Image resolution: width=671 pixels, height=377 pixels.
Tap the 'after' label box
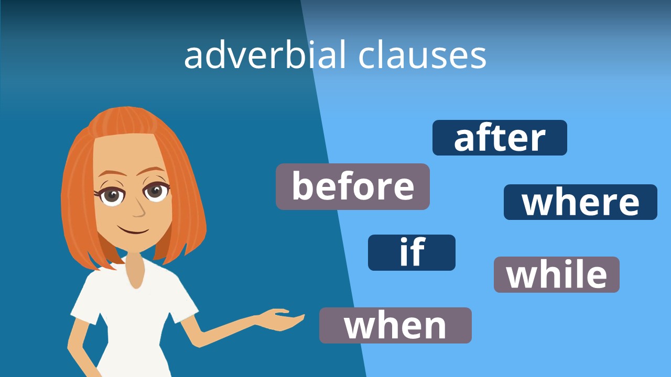click(500, 138)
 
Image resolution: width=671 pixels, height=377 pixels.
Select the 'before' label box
click(353, 186)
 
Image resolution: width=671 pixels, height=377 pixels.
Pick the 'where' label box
click(580, 202)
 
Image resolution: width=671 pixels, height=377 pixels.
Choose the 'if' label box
click(412, 252)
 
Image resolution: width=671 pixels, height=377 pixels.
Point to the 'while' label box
click(557, 274)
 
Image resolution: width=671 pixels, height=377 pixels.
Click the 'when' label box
click(395, 325)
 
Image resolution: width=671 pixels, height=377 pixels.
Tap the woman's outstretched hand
click(283, 318)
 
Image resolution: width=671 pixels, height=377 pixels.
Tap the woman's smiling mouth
click(133, 230)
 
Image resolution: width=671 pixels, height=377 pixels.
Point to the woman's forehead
click(126, 152)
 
